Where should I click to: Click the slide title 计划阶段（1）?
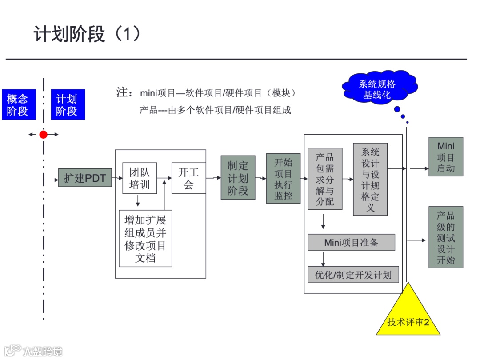[87, 34]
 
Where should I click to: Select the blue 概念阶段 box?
[17, 105]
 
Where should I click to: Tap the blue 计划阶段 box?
[67, 105]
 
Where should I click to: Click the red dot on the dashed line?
[43, 134]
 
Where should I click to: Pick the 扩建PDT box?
[85, 178]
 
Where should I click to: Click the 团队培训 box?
[140, 178]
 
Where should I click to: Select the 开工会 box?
[188, 178]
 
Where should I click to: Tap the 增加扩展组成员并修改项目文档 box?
[145, 238]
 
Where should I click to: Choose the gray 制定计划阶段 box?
[238, 178]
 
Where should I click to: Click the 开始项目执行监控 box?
[283, 178]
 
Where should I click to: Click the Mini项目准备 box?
[351, 242]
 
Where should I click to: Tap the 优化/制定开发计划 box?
[353, 275]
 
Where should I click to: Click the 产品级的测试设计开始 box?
[446, 237]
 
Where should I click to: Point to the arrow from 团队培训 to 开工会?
[164, 178]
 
